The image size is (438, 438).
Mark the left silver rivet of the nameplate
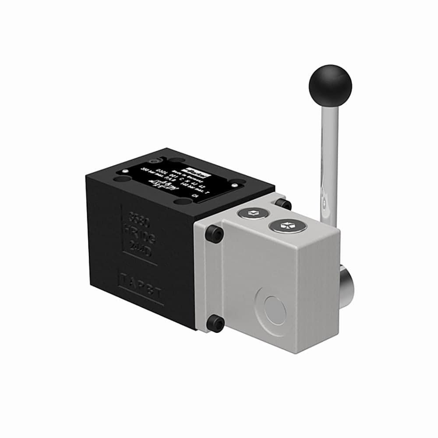pyautogui.click(x=125, y=170)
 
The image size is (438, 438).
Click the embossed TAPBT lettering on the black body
pyautogui.click(x=141, y=288)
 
